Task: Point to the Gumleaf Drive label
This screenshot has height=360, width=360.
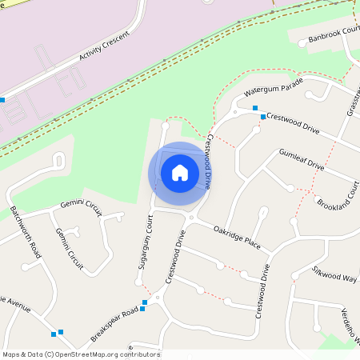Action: pyautogui.click(x=301, y=159)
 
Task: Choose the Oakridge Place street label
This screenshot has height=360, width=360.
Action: pyautogui.click(x=237, y=236)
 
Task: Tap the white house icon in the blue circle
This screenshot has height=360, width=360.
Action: pyautogui.click(x=180, y=172)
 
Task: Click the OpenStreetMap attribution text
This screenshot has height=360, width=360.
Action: pyautogui.click(x=80, y=354)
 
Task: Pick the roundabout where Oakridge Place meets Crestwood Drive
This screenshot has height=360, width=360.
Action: pyautogui.click(x=191, y=218)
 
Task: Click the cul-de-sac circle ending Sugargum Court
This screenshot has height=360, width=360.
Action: pyautogui.click(x=165, y=126)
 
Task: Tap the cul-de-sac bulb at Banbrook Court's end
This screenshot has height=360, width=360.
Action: pyautogui.click(x=302, y=43)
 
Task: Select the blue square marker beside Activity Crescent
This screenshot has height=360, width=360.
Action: pyautogui.click(x=2, y=100)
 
